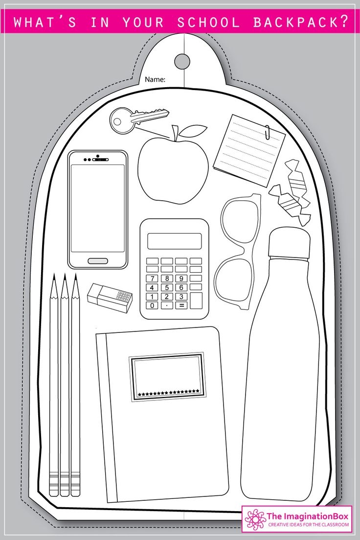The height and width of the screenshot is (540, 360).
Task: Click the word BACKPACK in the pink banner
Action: click(x=301, y=23)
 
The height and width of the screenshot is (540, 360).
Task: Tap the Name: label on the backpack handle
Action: click(x=155, y=79)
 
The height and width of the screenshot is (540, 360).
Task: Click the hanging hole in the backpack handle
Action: click(x=182, y=61)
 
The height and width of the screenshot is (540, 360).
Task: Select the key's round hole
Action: click(x=118, y=121)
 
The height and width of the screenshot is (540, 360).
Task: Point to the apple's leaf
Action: click(x=193, y=131)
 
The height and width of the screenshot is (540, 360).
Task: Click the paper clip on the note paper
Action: click(x=268, y=132)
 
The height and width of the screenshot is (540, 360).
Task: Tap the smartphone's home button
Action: click(x=98, y=261)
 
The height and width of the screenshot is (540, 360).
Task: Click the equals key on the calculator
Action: click(x=181, y=305)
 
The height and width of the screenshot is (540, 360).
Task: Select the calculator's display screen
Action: click(x=175, y=241)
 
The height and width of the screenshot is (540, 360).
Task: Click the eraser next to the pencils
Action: click(x=110, y=298)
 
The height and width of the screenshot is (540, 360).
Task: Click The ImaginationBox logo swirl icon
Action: click(x=255, y=518)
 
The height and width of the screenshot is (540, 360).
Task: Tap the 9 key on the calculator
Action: click(x=181, y=278)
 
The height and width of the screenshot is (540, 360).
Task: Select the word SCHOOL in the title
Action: click(x=208, y=23)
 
